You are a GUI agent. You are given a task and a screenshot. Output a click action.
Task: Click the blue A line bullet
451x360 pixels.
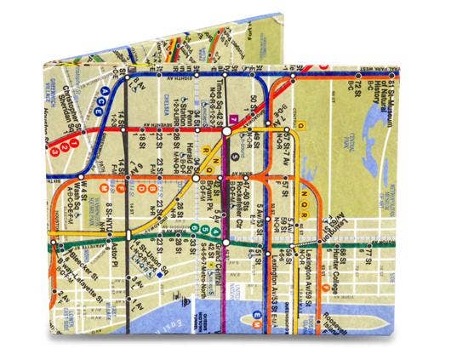click(x=104, y=89)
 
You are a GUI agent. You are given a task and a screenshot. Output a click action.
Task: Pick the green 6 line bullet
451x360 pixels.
click(x=195, y=228)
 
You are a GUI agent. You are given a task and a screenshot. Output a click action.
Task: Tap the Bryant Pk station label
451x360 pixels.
click(x=207, y=203)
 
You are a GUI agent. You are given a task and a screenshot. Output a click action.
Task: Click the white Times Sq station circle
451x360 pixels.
click(x=226, y=131)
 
